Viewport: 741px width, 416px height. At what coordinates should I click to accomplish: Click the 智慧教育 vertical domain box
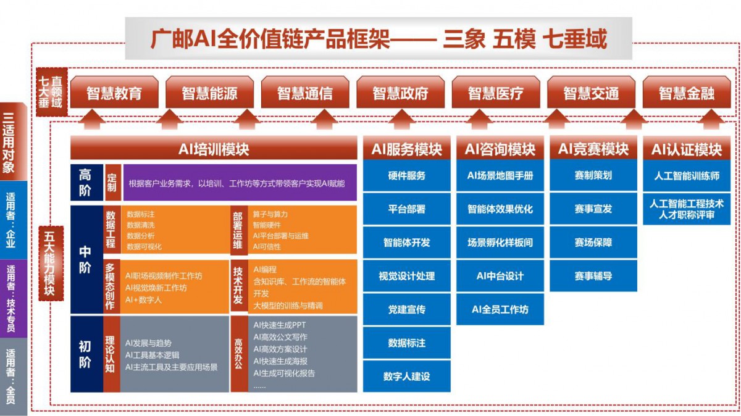pyautogui.click(x=114, y=92)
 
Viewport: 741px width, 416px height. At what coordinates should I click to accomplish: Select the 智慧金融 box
pyautogui.click(x=687, y=92)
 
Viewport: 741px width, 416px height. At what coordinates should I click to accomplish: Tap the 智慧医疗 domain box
pyautogui.click(x=495, y=92)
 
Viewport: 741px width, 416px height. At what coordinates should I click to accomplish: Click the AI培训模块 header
pyautogui.click(x=214, y=149)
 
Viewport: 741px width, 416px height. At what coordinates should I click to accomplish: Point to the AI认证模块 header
pyautogui.click(x=687, y=149)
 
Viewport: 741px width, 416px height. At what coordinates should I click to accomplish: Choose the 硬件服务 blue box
pyautogui.click(x=406, y=175)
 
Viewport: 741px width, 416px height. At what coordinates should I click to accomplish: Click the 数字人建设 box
pyautogui.click(x=406, y=376)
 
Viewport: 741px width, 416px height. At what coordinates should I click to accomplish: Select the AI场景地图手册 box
pyautogui.click(x=500, y=175)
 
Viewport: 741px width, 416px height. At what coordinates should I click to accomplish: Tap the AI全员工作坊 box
pyautogui.click(x=500, y=309)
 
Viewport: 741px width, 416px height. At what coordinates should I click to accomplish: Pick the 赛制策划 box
pyautogui.click(x=593, y=175)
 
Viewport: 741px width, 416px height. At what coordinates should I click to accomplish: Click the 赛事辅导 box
pyautogui.click(x=593, y=276)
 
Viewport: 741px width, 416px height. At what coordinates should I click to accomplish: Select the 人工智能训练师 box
pyautogui.click(x=687, y=175)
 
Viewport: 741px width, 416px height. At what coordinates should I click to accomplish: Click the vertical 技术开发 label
pyautogui.click(x=238, y=286)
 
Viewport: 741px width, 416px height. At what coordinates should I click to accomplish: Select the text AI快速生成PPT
pyautogui.click(x=280, y=325)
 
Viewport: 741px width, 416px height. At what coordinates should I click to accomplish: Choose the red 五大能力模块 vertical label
pyautogui.click(x=51, y=264)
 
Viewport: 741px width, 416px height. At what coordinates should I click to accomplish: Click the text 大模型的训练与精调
pyautogui.click(x=288, y=306)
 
